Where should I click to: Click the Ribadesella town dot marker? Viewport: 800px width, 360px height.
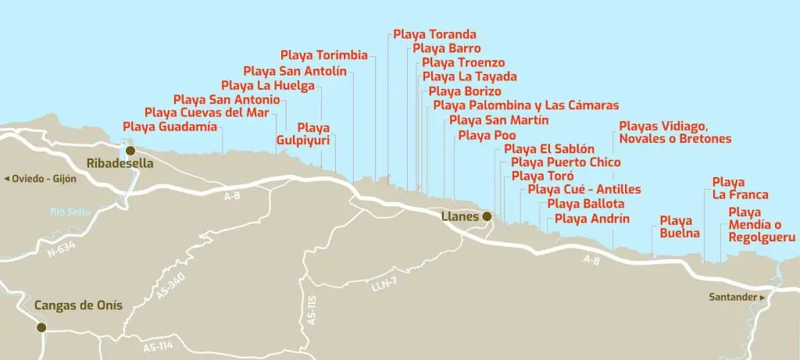point(130,150)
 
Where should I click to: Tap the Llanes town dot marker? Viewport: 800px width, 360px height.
point(486,216)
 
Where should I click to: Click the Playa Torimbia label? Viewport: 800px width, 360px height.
point(323,55)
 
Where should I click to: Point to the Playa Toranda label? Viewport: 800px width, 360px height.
point(434,34)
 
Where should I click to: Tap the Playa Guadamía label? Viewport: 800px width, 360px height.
point(170,127)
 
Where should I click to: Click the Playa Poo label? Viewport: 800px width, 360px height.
point(487,136)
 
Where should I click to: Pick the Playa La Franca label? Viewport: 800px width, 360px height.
point(740,188)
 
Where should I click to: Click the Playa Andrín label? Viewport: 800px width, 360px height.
point(591,219)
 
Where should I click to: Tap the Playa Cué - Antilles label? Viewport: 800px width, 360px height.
point(584,190)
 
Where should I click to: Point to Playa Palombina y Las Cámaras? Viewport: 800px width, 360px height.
point(525,105)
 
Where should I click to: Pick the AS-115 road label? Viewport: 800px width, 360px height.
point(311,310)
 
